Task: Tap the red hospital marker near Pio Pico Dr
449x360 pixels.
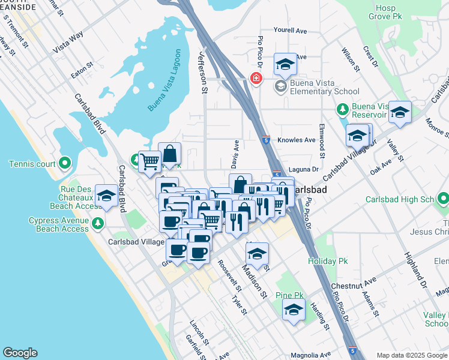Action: pos(256,79)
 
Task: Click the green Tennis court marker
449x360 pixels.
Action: pos(65,163)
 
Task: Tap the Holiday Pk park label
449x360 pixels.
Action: pos(328,262)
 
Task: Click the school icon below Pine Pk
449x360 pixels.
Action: pos(294,310)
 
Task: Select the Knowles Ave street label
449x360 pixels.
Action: pos(297,140)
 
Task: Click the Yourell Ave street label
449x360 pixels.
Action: pos(290,31)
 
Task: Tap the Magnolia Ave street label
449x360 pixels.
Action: pos(312,355)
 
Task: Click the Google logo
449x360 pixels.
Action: pos(20,353)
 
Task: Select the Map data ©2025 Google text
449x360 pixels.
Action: pos(411,355)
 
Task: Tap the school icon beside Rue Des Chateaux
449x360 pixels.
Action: pos(107,196)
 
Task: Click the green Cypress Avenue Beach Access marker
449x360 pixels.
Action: pos(98,224)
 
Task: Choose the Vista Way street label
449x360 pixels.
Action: pos(67,44)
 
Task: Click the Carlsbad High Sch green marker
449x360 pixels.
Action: pos(443,198)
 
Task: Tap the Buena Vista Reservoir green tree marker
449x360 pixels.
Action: pos(342,109)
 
